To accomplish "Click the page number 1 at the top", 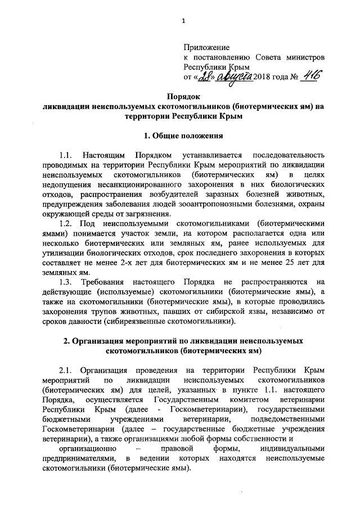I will (x=183, y=22).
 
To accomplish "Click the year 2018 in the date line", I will (x=263, y=77).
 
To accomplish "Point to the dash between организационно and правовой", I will (x=138, y=449).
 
